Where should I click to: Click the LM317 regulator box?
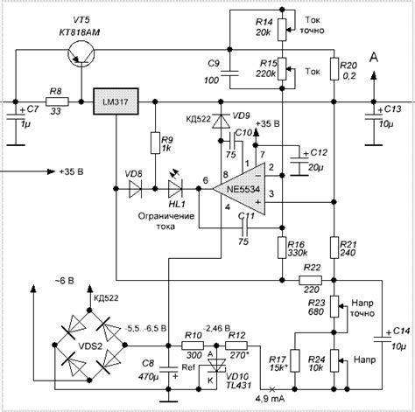point(116,102)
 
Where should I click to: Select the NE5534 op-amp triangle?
point(244,184)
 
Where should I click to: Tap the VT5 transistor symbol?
point(81,54)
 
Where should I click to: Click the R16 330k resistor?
point(281,248)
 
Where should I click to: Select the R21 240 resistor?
point(334,248)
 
